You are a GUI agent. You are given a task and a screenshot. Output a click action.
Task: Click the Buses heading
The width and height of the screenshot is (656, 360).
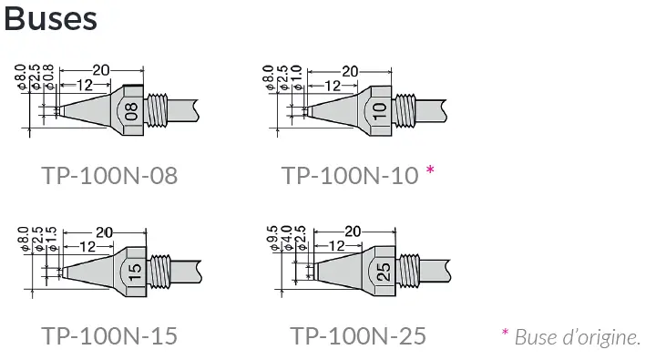pyautogui.click(x=51, y=19)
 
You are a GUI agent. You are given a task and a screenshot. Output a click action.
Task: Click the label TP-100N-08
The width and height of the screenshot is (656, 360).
pyautogui.click(x=109, y=175)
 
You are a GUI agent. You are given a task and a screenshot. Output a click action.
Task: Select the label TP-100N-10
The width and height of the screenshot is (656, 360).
pyautogui.click(x=350, y=175)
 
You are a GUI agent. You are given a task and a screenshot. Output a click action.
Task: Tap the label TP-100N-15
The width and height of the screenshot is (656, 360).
pyautogui.click(x=109, y=335)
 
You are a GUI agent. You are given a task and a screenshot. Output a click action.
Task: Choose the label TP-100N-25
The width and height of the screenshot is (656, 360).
pyautogui.click(x=358, y=335)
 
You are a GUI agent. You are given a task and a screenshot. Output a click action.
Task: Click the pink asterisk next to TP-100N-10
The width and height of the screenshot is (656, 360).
pyautogui.click(x=430, y=170)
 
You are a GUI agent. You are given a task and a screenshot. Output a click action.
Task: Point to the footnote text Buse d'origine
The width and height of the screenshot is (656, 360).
pyautogui.click(x=578, y=337)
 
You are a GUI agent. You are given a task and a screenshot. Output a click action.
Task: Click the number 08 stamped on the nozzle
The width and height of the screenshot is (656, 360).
pyautogui.click(x=131, y=112)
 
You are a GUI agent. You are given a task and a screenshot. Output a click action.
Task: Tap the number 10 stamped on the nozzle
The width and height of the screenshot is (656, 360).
pyautogui.click(x=379, y=112)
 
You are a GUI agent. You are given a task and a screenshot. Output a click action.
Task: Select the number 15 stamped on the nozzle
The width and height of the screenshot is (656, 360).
pyautogui.click(x=134, y=273)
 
